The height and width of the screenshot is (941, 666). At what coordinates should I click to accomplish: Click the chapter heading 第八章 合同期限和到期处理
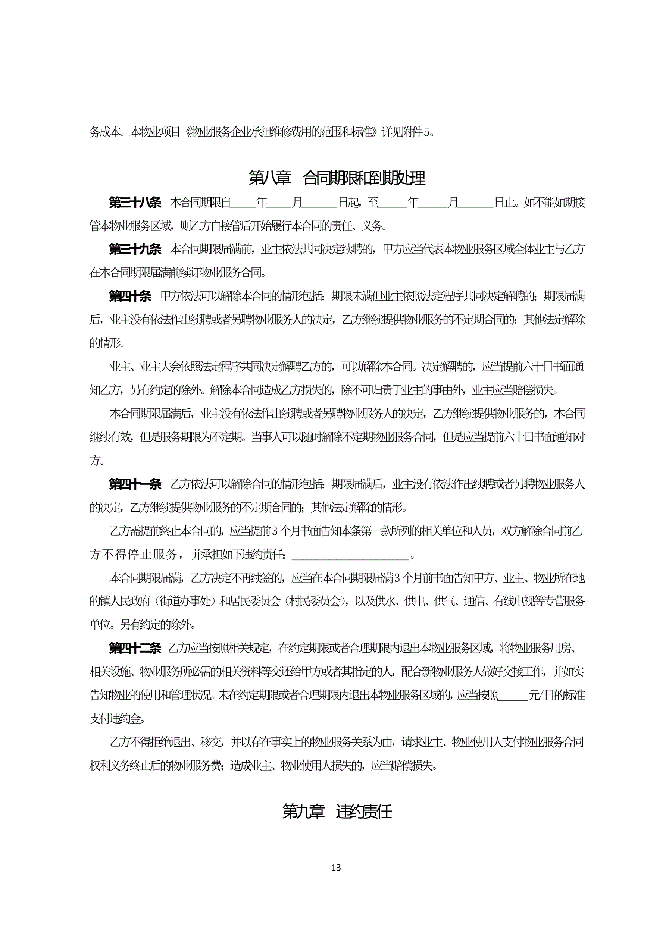click(x=337, y=178)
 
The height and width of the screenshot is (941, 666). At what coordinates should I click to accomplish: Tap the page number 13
click(x=336, y=867)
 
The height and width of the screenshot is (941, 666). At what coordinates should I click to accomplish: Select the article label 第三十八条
click(x=135, y=203)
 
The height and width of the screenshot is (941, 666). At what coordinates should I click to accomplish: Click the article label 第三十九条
click(x=135, y=249)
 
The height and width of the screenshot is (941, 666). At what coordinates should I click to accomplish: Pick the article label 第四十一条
click(x=135, y=484)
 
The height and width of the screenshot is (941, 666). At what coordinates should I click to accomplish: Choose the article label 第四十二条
click(x=135, y=648)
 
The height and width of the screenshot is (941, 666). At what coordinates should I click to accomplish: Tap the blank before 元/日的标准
click(x=513, y=695)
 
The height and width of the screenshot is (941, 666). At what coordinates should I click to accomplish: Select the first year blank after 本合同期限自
click(x=243, y=203)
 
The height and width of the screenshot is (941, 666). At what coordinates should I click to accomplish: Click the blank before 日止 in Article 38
click(x=476, y=203)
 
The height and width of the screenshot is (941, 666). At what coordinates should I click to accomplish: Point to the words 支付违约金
click(x=116, y=718)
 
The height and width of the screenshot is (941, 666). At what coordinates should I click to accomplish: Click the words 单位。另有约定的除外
click(x=142, y=625)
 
